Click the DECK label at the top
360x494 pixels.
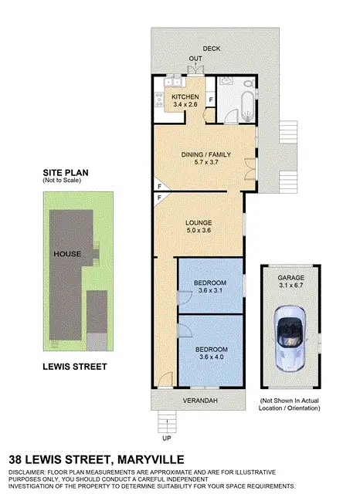tap(211, 49)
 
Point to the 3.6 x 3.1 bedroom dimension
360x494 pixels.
tap(210, 290)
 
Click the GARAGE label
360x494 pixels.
tap(290, 277)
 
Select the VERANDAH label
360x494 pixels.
tap(199, 401)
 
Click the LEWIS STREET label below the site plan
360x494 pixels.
tap(74, 367)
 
